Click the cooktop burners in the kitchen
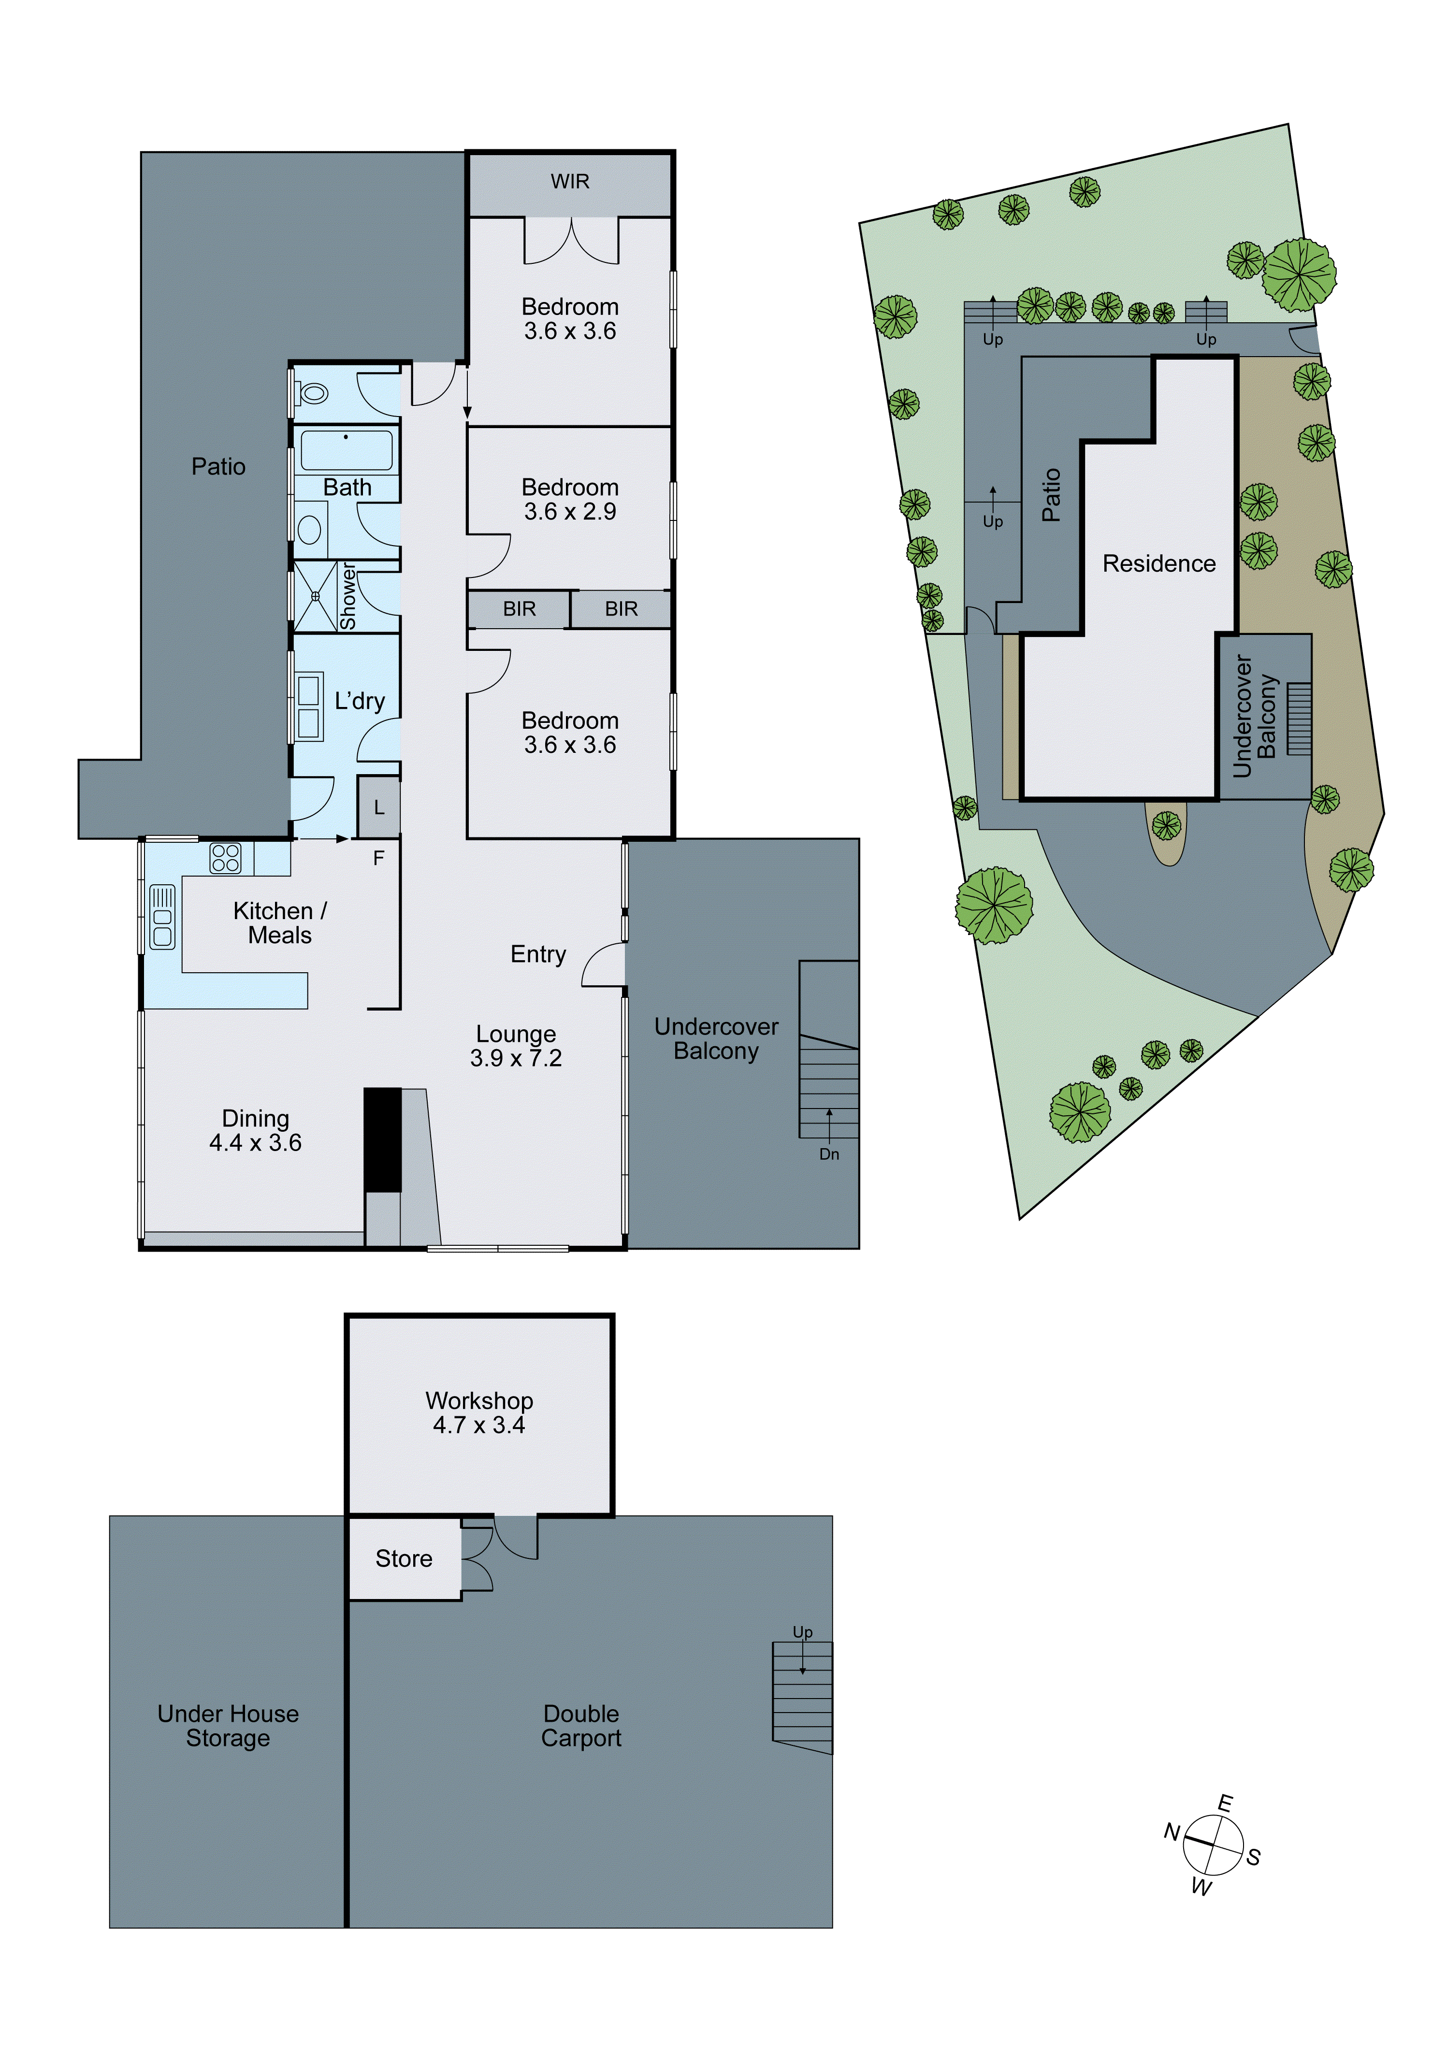point(225,857)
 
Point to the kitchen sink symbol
point(162,916)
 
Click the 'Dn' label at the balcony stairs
point(829,1154)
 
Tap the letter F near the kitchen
point(379,858)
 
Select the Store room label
point(404,1558)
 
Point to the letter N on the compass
point(1172,1831)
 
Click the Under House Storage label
point(228,1726)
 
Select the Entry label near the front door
point(538,954)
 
